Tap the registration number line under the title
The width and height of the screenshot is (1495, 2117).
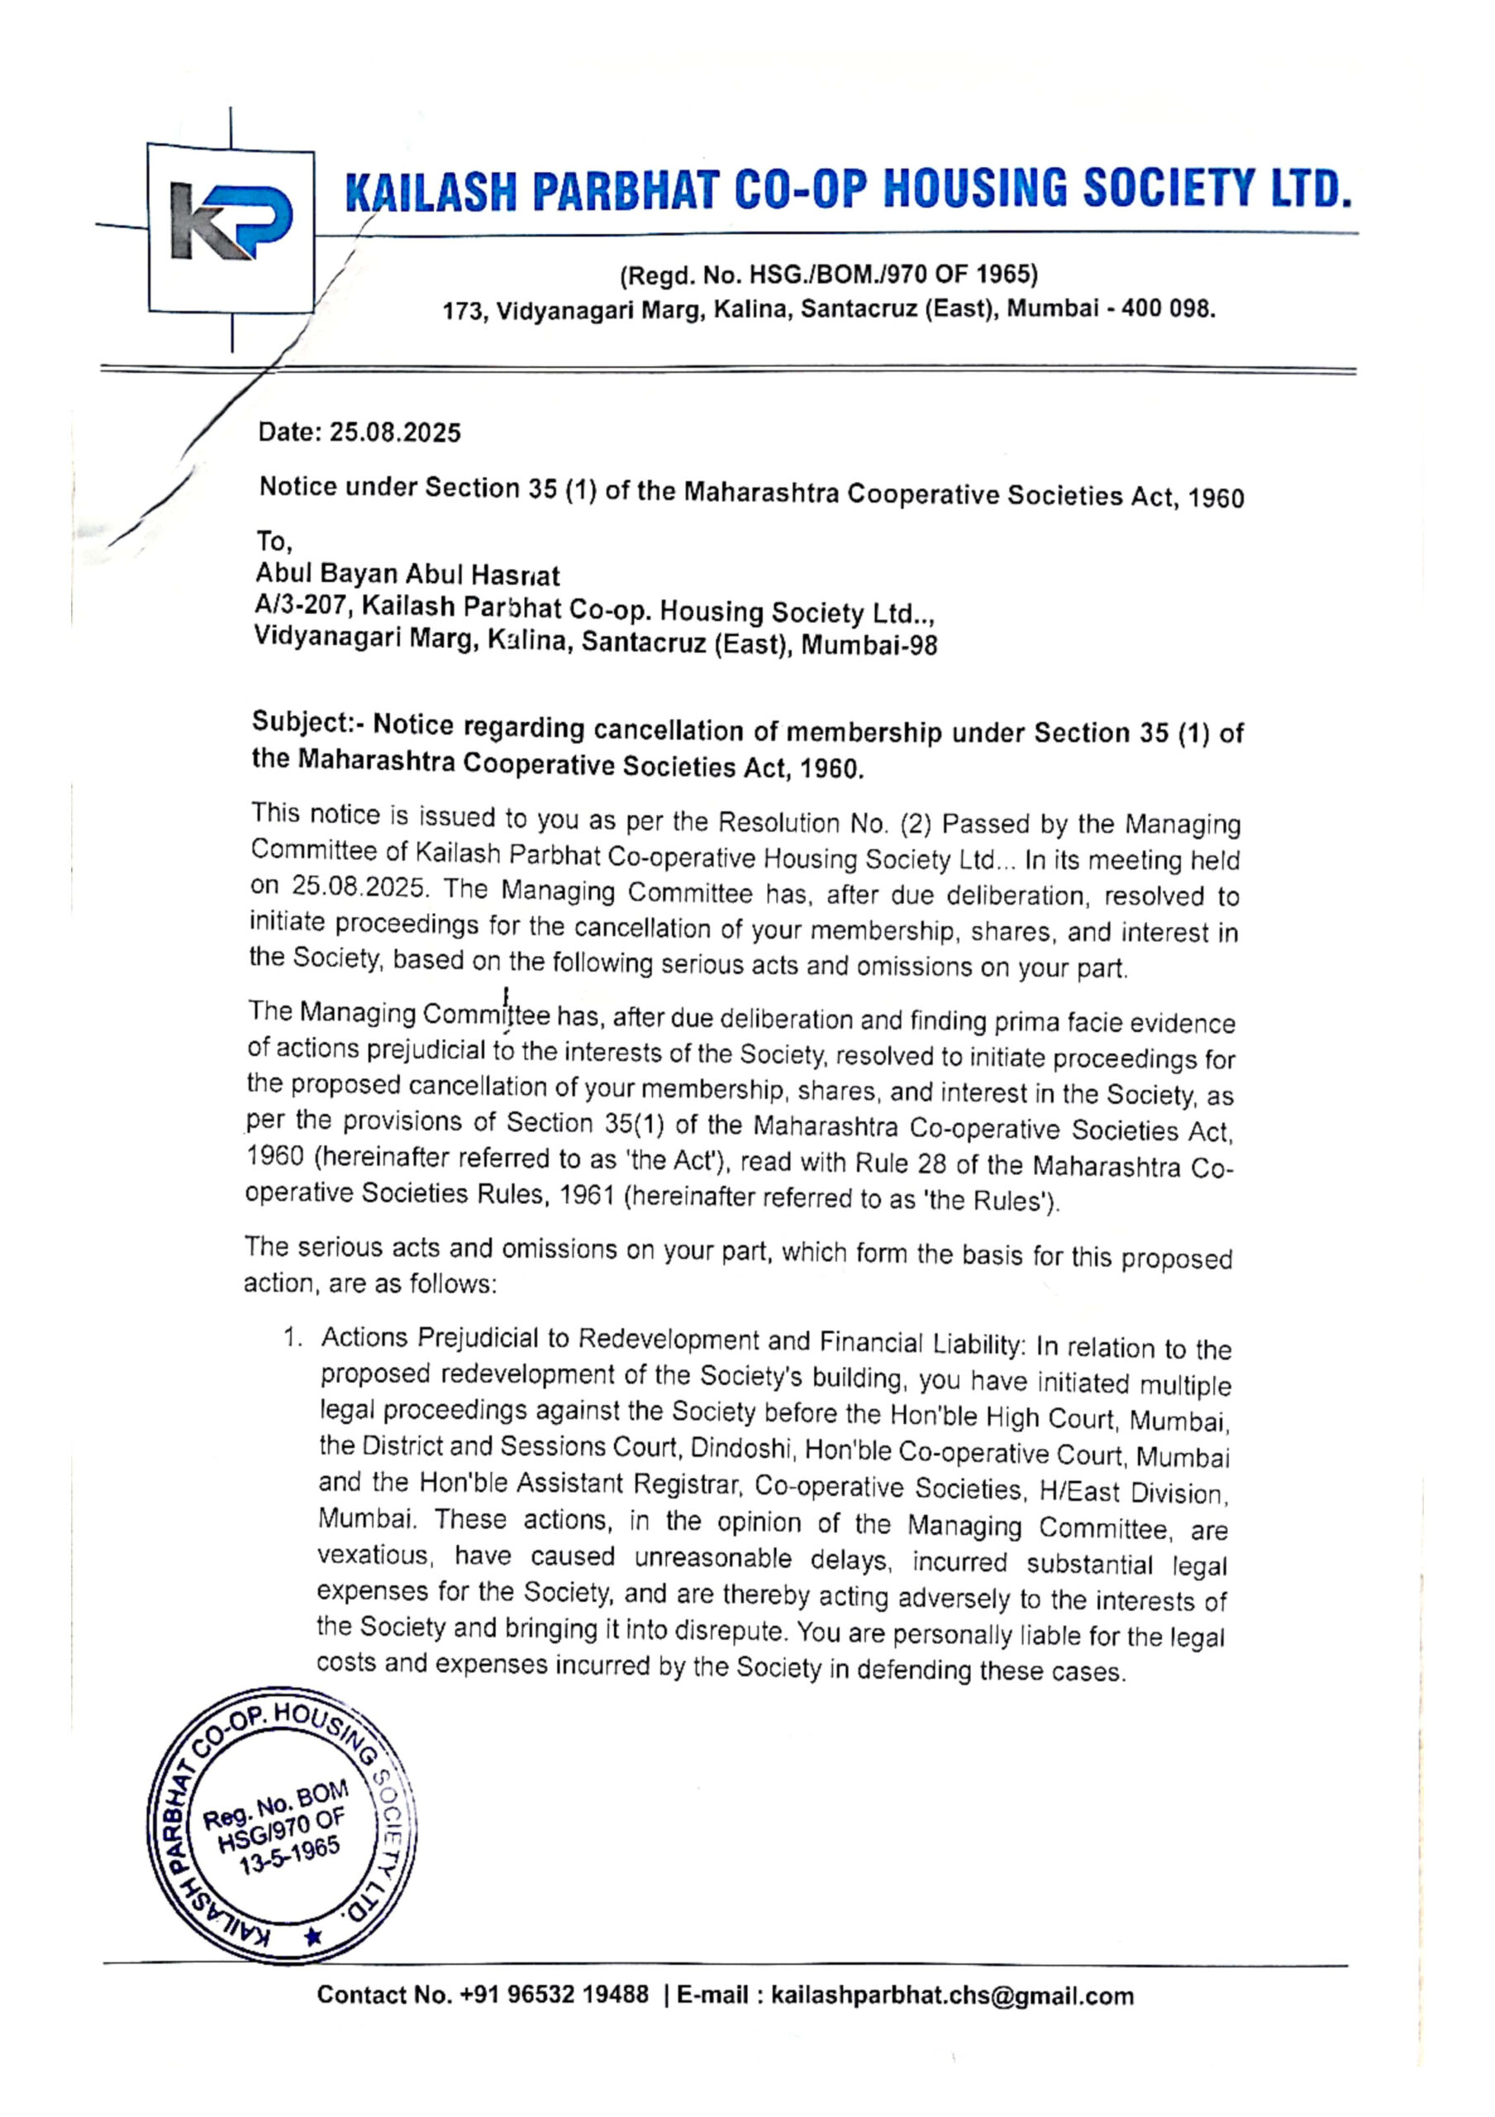pos(829,275)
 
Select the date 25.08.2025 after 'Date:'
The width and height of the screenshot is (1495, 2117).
pos(395,432)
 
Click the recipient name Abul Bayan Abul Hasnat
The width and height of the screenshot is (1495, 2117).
pos(407,575)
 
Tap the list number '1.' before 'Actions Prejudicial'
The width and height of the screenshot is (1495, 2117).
pos(293,1338)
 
